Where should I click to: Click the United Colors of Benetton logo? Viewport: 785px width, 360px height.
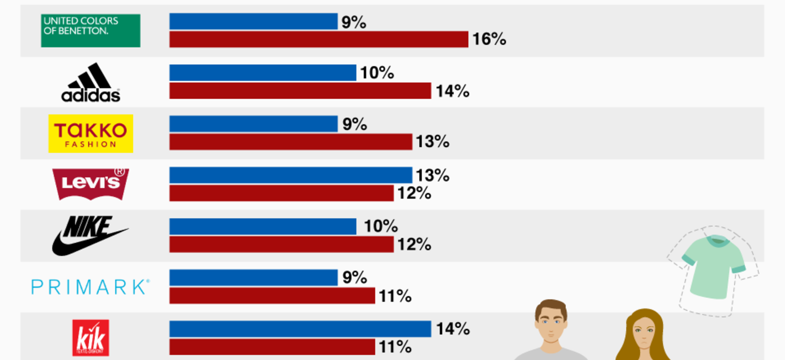(x=90, y=31)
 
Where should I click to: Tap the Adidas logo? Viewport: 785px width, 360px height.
(x=90, y=82)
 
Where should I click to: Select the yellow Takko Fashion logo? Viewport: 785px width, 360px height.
(x=90, y=134)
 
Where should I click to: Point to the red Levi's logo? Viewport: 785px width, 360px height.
(x=90, y=184)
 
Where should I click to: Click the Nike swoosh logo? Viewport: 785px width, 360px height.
(x=90, y=236)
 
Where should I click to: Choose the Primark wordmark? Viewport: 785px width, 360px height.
(x=90, y=287)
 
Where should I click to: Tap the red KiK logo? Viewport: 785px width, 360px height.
(x=90, y=338)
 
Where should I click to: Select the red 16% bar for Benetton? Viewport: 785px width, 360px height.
(x=319, y=39)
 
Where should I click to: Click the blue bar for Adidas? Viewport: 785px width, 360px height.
(x=263, y=73)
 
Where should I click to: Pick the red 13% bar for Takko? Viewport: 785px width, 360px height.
(x=291, y=142)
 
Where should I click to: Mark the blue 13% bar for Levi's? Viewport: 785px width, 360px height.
(x=291, y=175)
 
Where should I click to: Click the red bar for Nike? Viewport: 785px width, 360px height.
(x=282, y=245)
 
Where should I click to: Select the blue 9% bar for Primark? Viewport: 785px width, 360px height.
(x=253, y=278)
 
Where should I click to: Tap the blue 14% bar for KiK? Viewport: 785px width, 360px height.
(x=300, y=329)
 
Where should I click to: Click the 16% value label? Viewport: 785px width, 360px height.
(x=489, y=39)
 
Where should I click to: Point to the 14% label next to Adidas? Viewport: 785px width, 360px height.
(x=452, y=91)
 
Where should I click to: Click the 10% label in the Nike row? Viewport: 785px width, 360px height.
(x=381, y=226)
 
